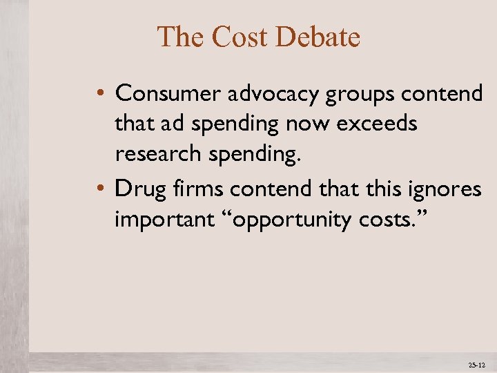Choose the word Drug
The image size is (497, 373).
pos(137,188)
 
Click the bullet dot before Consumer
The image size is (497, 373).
pos(101,93)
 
